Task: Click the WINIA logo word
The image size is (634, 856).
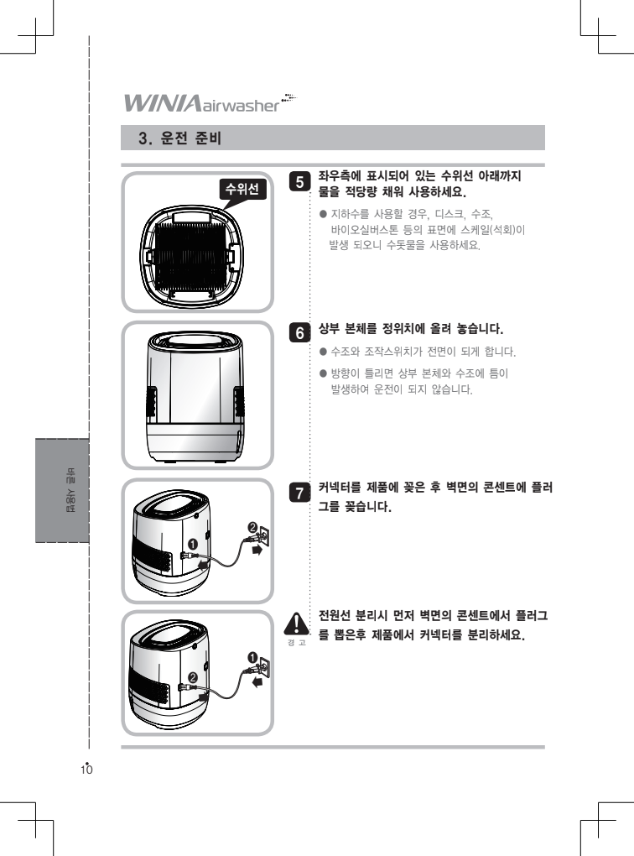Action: click(x=162, y=102)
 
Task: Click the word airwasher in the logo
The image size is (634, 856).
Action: click(x=240, y=105)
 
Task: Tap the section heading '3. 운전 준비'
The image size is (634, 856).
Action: click(x=179, y=138)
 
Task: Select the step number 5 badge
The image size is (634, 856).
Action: click(x=299, y=182)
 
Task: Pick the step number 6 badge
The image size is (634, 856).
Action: click(x=299, y=332)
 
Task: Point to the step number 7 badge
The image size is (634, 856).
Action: click(x=299, y=493)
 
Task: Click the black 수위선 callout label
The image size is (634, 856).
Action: click(x=242, y=190)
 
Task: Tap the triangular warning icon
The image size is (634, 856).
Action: click(x=296, y=624)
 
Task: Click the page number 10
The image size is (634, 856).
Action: click(x=86, y=770)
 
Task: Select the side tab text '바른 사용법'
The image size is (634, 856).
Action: click(x=70, y=490)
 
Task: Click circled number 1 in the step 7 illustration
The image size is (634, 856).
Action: click(x=193, y=545)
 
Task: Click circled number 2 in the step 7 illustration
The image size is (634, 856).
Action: click(x=252, y=527)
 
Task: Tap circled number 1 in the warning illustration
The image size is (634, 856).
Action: click(x=252, y=657)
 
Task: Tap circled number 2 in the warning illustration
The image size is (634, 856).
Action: click(x=192, y=677)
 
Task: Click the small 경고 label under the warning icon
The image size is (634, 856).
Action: click(x=296, y=643)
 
